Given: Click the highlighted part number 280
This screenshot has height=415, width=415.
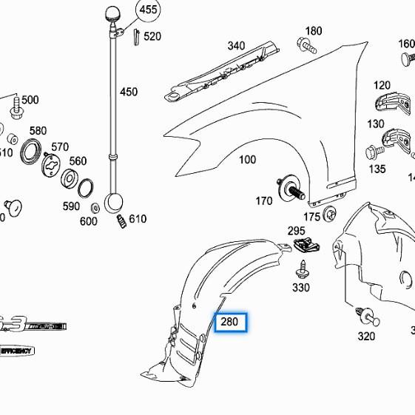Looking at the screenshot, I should click(x=230, y=323).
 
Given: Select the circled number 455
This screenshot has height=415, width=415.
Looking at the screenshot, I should click(x=149, y=10).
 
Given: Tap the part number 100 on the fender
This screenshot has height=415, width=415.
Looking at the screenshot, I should click(x=247, y=160).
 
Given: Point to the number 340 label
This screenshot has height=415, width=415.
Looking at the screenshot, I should click(x=236, y=46).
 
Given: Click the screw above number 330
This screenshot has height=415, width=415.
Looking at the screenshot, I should click(x=302, y=268).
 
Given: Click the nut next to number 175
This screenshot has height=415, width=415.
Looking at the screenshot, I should click(x=331, y=216).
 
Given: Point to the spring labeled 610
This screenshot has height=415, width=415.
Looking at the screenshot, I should click(x=120, y=222).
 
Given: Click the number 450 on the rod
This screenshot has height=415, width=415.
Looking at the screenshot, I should click(x=129, y=92).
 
